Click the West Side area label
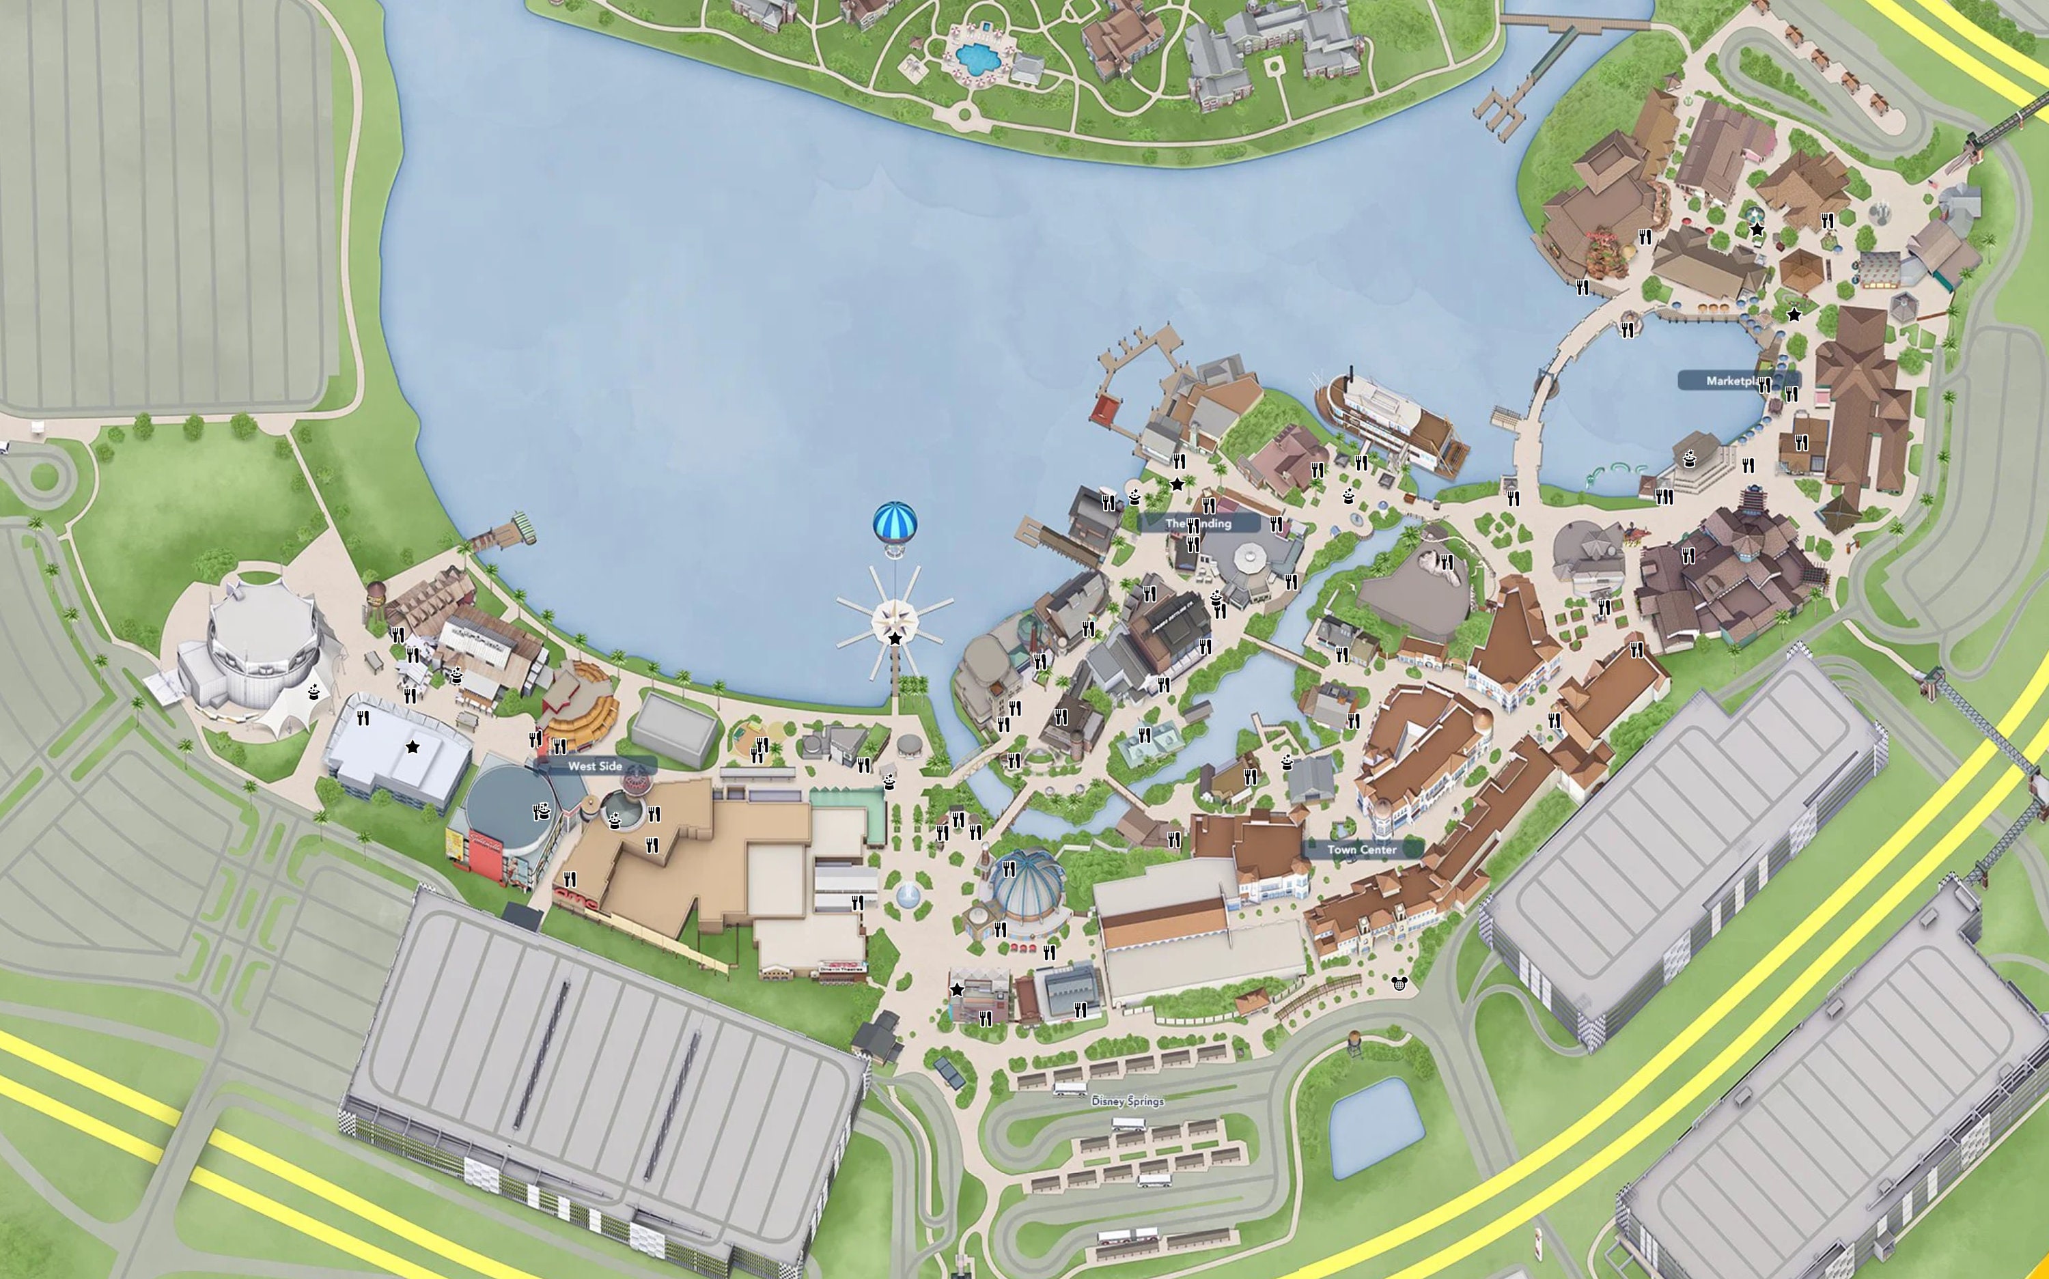pos(595,766)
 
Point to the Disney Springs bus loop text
pos(1128,1101)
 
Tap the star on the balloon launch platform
pos(895,638)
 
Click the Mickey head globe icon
pos(1397,983)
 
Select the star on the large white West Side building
pos(412,747)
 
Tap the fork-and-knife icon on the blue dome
pos(1008,869)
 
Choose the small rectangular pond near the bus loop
pos(1371,1125)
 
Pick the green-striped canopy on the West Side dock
pos(525,526)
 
